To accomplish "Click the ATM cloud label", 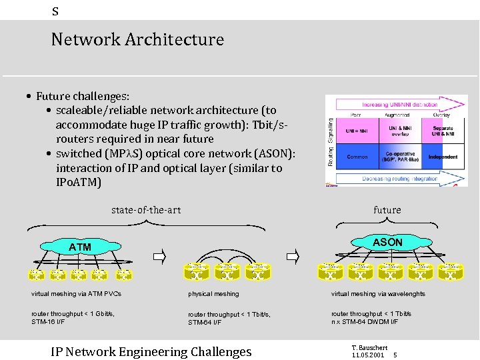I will point(79,247).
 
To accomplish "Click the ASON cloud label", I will point(387,243).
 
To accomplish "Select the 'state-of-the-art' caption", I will point(146,210).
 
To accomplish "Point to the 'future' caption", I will point(387,210).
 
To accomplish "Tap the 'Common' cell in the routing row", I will point(357,157).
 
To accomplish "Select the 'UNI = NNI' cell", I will point(357,131).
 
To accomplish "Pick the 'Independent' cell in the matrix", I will point(443,157).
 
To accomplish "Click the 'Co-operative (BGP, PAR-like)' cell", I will point(400,157).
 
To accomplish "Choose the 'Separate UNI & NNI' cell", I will point(443,131).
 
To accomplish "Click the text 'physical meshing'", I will point(213,293).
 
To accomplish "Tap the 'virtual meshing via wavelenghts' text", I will point(377,293).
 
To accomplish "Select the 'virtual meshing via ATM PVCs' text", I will point(76,293).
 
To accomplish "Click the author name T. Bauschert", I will point(369,347).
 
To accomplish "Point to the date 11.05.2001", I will point(369,355).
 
